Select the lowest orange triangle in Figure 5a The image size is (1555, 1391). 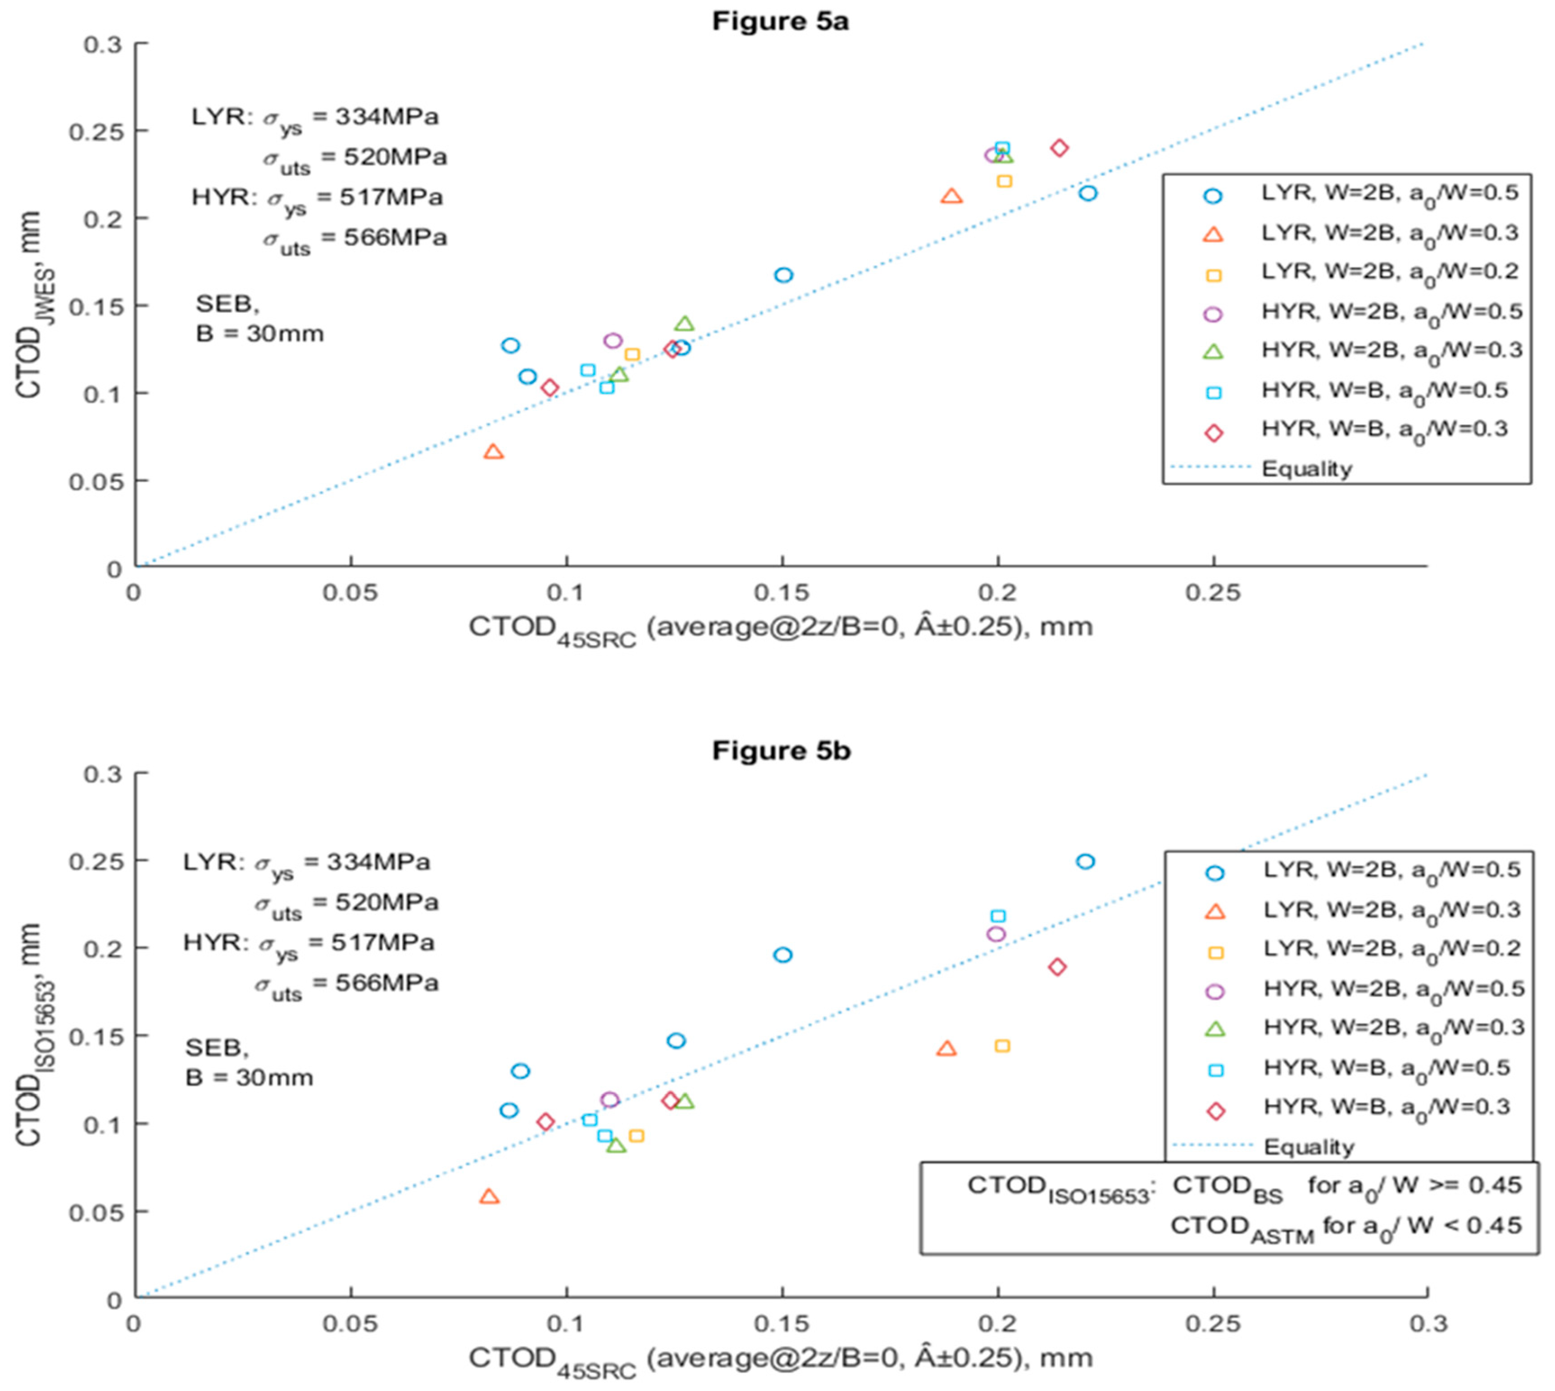(494, 452)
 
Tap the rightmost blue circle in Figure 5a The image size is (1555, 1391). (1088, 193)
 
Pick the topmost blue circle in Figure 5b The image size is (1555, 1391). (1085, 861)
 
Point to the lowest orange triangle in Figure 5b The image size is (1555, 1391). (490, 1196)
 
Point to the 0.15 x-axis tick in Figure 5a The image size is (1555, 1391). (782, 593)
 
